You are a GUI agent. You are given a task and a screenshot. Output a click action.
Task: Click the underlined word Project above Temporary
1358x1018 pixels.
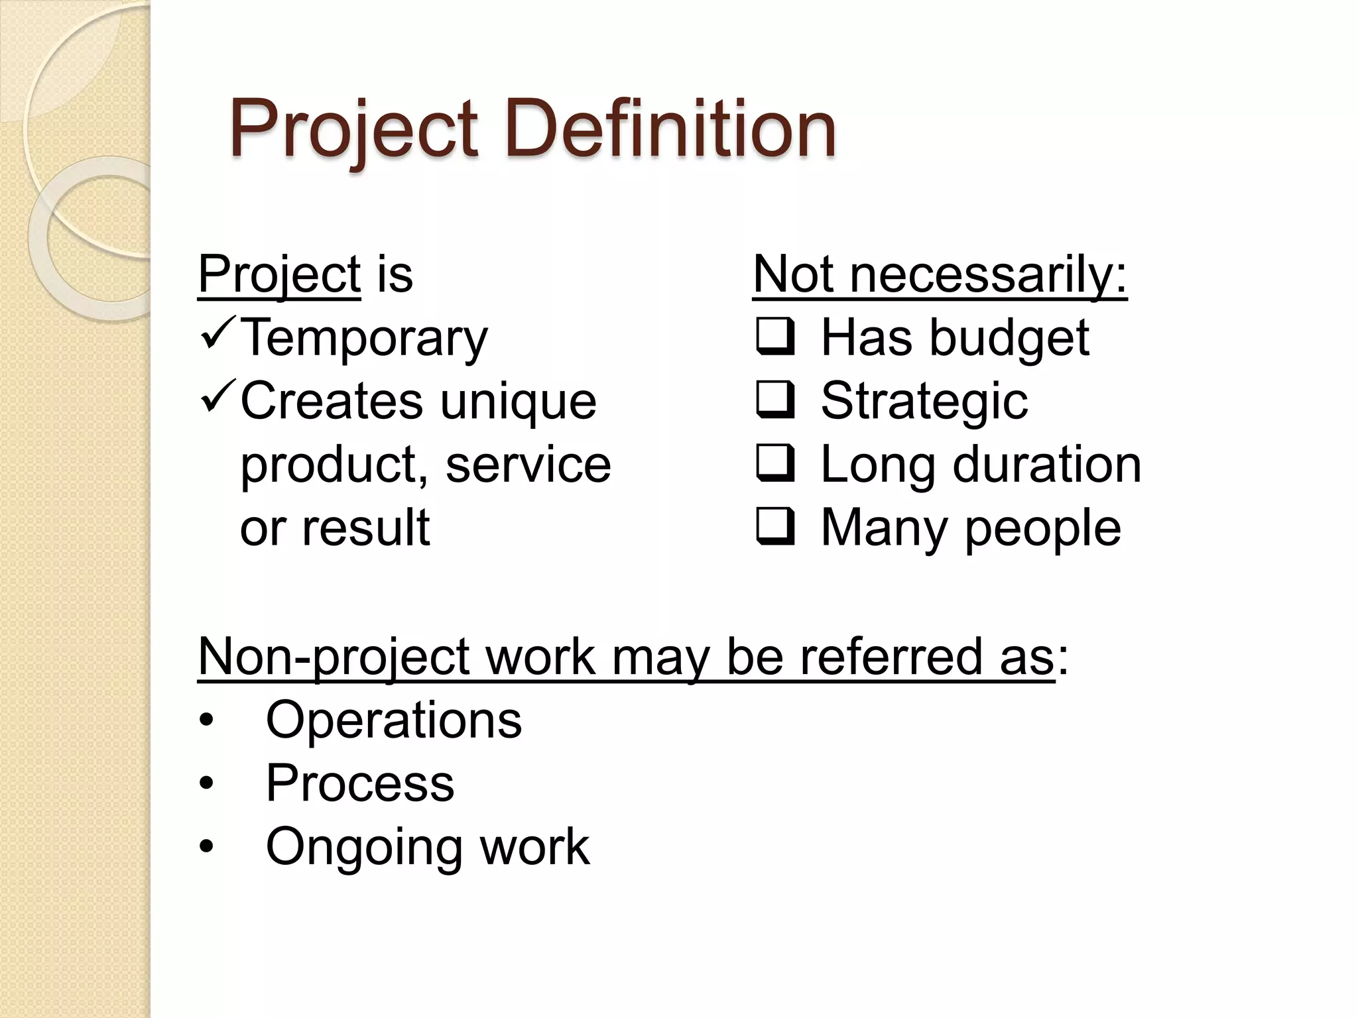point(279,274)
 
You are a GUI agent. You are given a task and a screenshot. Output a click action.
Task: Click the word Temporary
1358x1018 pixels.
point(363,339)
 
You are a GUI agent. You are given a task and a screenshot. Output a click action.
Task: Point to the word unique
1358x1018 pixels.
point(518,402)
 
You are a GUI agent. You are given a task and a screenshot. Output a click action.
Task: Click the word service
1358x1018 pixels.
point(528,465)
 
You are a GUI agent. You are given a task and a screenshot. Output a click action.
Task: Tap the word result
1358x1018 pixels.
point(365,528)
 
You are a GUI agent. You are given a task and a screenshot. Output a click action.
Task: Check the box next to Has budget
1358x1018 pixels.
point(774,337)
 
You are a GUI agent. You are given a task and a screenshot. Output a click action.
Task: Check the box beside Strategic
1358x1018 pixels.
point(774,400)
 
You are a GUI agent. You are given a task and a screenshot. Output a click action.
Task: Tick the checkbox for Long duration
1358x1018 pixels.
point(774,464)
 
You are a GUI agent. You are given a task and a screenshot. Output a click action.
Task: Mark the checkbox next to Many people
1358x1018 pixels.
point(774,528)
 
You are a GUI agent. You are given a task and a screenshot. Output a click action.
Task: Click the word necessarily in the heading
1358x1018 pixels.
point(988,274)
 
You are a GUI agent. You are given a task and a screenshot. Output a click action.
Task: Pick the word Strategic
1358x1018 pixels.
point(924,402)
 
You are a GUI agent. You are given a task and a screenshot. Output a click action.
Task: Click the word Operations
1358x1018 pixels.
point(394,720)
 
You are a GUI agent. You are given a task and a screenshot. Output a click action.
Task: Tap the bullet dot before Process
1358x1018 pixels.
point(207,784)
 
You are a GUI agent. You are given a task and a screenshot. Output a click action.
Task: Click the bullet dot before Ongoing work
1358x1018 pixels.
point(207,847)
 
